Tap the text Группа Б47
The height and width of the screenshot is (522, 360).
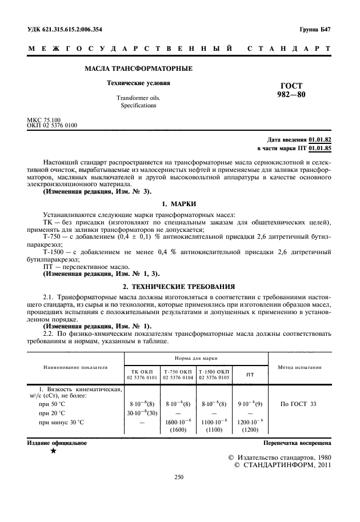[x=315, y=29]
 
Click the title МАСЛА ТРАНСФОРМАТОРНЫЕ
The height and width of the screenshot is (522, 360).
[x=138, y=69]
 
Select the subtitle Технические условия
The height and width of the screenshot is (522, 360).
[x=138, y=83]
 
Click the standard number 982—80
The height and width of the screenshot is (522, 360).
[x=291, y=95]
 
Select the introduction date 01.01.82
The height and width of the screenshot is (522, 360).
[x=320, y=139]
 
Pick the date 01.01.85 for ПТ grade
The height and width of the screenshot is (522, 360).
[x=320, y=148]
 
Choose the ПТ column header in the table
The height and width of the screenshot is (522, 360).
[x=250, y=375]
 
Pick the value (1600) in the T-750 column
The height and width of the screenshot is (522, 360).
[x=177, y=429]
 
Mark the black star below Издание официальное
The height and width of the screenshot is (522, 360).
[x=53, y=452]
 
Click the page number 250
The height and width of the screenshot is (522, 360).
[x=179, y=478]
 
